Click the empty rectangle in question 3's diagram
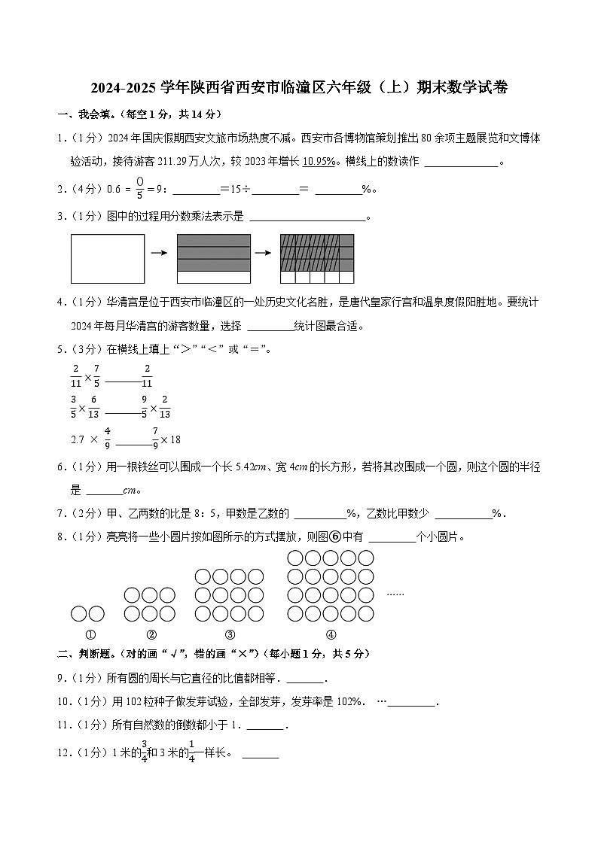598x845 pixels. click(108, 258)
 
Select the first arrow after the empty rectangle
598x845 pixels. click(159, 253)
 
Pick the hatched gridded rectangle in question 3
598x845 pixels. click(316, 258)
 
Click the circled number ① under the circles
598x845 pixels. click(90, 634)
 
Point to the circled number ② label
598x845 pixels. click(151, 634)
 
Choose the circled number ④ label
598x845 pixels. click(330, 634)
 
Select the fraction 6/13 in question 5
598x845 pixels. click(94, 407)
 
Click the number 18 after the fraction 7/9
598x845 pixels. click(174, 439)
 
